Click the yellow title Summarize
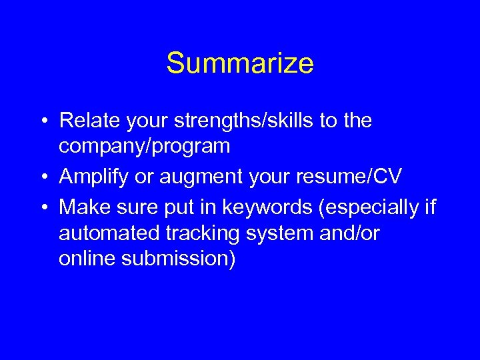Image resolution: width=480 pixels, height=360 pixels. point(239,64)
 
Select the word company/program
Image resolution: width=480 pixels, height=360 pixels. point(144,146)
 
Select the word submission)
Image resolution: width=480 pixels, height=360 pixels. point(178,258)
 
